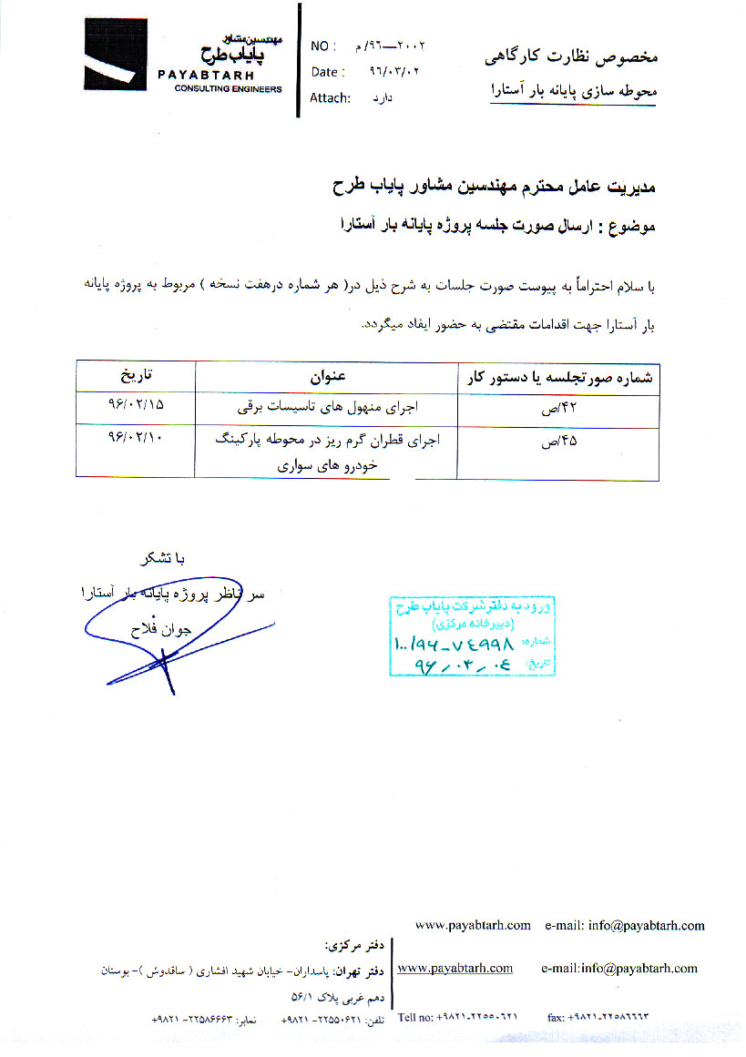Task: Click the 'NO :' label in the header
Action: pyautogui.click(x=323, y=46)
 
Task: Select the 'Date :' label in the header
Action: pyautogui.click(x=328, y=72)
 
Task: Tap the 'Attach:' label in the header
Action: pyautogui.click(x=330, y=97)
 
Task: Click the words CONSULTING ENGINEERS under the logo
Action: pyautogui.click(x=229, y=89)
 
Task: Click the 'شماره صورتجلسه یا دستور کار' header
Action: pyautogui.click(x=557, y=376)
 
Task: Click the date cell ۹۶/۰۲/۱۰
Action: pyautogui.click(x=135, y=438)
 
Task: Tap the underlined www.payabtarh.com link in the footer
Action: pyautogui.click(x=455, y=968)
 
